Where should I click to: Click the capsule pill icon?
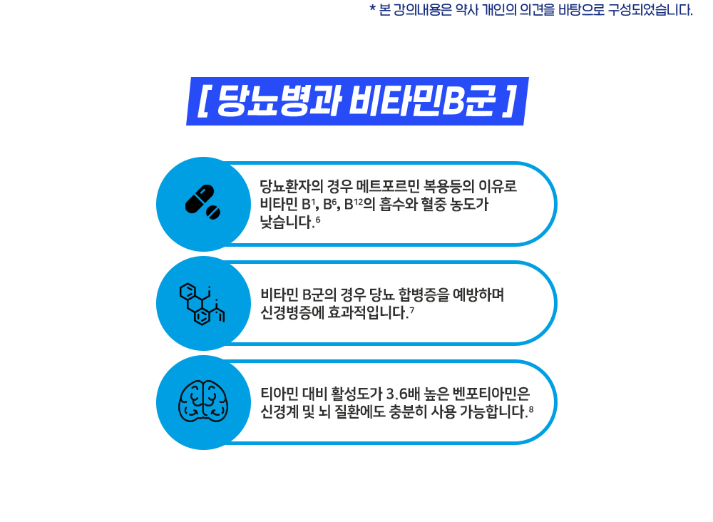coord(202,202)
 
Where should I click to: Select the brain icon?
coord(202,401)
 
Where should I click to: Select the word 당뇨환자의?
coord(292,186)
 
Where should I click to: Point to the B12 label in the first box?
coord(353,204)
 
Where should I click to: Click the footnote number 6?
coord(318,220)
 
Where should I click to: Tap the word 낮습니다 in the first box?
coord(287,222)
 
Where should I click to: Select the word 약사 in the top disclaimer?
coord(467,10)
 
